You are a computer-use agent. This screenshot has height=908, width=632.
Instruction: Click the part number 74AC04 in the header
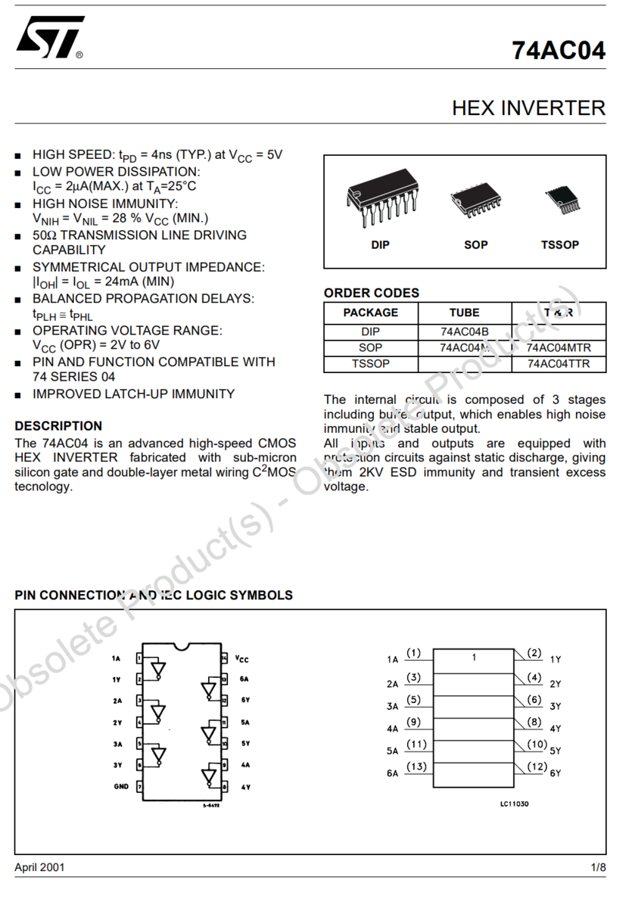[x=559, y=50]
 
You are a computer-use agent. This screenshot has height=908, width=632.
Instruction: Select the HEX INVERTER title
[x=528, y=108]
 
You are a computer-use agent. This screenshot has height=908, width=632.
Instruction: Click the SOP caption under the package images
[x=476, y=245]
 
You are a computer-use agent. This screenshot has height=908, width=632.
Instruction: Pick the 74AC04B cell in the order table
[x=464, y=331]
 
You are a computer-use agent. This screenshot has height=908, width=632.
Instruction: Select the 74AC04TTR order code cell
[x=558, y=364]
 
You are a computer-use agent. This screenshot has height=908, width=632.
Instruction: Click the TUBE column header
[x=464, y=313]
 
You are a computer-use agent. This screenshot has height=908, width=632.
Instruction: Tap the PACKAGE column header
[x=370, y=313]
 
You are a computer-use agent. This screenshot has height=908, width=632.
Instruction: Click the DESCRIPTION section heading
[x=58, y=426]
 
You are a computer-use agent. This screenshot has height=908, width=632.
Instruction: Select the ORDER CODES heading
[x=371, y=293]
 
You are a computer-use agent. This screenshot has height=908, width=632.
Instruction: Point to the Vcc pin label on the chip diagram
[x=241, y=659]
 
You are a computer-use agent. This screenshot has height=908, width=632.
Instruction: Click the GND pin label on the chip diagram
[x=121, y=787]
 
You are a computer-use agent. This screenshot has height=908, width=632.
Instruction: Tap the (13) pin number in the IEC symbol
[x=416, y=767]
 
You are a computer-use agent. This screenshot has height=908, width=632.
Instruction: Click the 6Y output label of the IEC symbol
[x=556, y=773]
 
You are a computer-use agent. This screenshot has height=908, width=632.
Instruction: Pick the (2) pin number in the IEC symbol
[x=535, y=653]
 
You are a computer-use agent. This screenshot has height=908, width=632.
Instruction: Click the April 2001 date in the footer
[x=39, y=867]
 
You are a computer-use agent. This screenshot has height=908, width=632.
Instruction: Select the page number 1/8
[x=598, y=867]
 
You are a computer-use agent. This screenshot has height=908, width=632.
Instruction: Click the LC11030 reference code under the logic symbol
[x=514, y=804]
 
